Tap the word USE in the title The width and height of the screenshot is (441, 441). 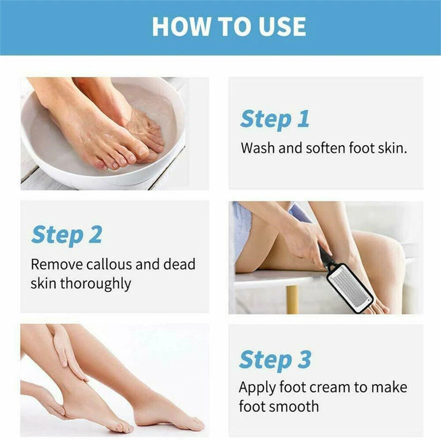(282, 27)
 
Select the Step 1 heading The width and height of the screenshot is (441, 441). (275, 119)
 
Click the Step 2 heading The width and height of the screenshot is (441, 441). (67, 235)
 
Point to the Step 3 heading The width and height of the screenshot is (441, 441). (275, 360)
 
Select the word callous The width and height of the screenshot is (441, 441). (109, 265)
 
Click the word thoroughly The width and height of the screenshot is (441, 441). (96, 283)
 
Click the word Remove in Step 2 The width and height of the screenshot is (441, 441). (57, 265)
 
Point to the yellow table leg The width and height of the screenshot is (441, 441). (292, 299)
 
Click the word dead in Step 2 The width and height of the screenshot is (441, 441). (179, 265)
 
